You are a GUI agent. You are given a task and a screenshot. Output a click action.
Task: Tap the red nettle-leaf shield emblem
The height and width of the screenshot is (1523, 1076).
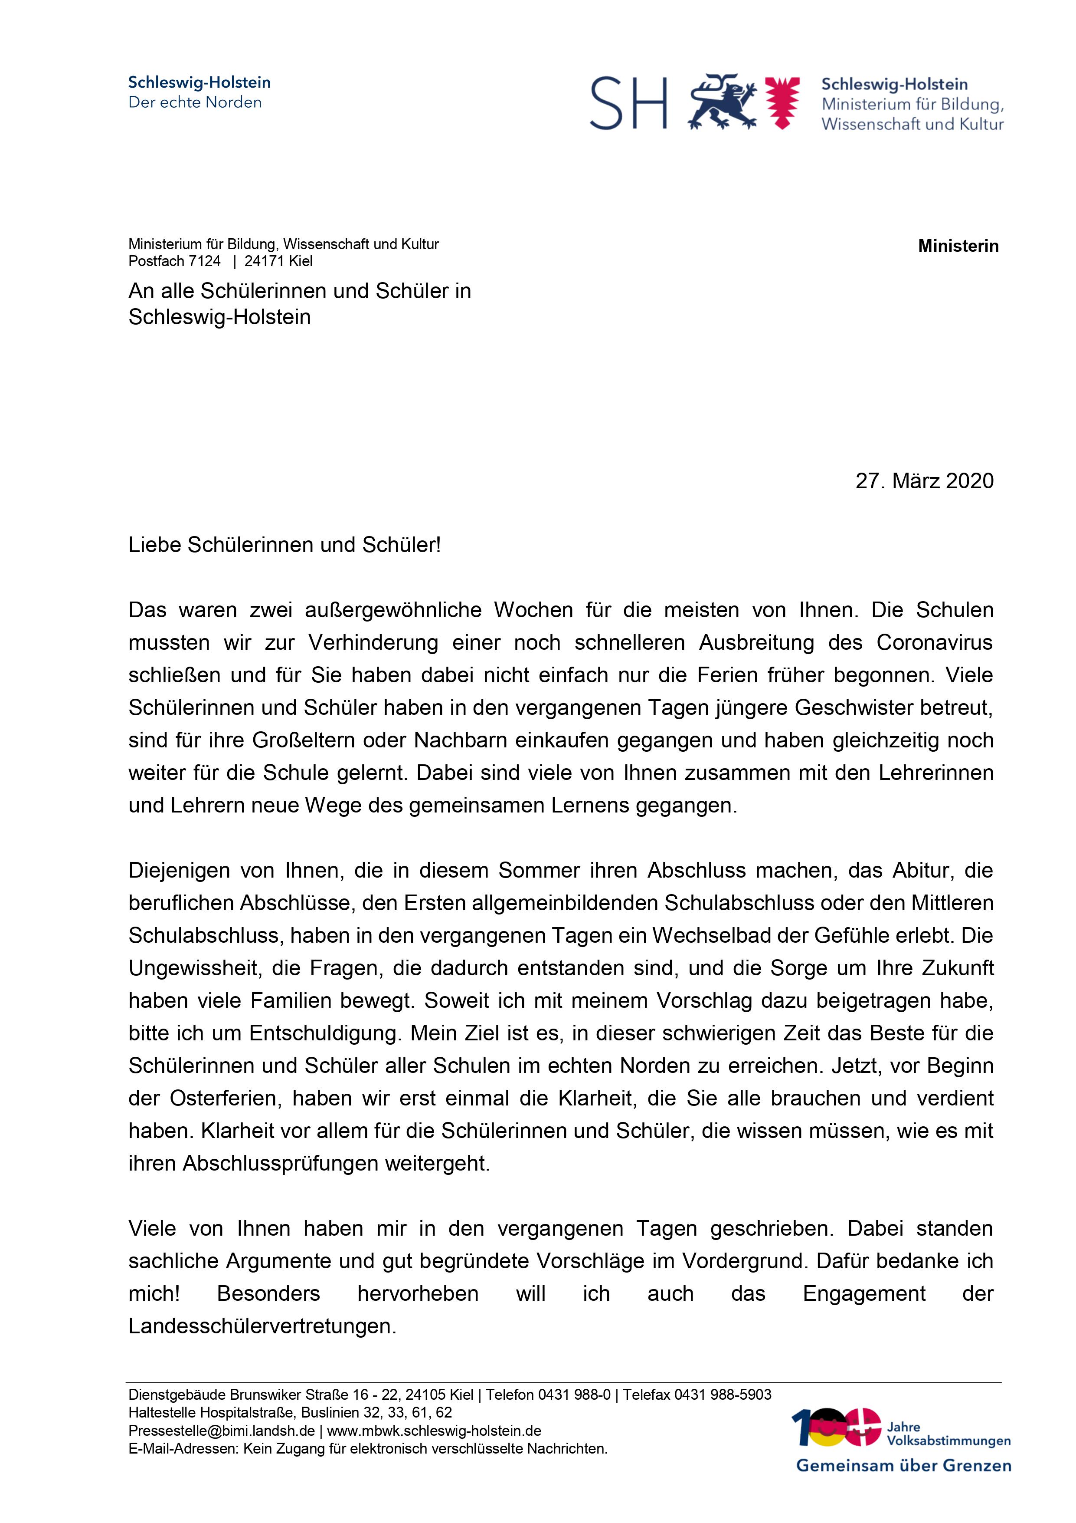tap(782, 102)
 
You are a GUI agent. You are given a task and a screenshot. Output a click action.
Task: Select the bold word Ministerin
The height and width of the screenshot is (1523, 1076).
tap(958, 246)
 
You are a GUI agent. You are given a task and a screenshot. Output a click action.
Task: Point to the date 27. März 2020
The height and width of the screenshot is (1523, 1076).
tap(924, 481)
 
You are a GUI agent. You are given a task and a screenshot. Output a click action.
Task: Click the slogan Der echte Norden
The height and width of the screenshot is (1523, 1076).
tap(195, 102)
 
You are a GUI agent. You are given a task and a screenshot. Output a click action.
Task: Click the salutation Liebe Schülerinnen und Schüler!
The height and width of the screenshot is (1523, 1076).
tap(285, 545)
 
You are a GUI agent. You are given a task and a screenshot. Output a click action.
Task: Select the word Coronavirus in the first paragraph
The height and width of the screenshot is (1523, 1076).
tap(934, 643)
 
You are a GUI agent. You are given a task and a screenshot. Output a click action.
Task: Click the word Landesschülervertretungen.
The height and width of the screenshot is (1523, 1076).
tap(262, 1327)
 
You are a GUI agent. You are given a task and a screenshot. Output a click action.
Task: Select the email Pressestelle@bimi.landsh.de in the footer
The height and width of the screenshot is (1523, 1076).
tap(222, 1431)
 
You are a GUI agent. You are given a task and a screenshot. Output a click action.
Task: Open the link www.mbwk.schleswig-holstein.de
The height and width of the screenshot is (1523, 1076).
tap(434, 1431)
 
